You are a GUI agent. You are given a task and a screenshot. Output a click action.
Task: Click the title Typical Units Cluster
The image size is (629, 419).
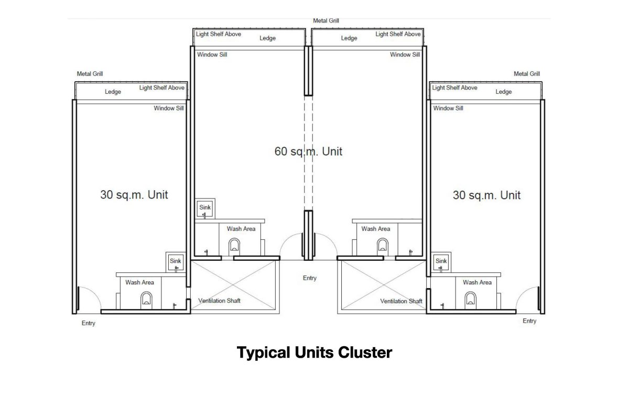314,353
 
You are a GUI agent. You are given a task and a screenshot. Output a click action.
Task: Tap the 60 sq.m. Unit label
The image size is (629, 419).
308,151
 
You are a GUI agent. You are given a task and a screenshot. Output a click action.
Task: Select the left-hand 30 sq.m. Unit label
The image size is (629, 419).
134,195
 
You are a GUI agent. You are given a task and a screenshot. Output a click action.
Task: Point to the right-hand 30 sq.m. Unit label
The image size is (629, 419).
486,195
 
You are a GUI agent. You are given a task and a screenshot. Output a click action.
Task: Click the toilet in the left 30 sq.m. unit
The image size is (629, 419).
146,300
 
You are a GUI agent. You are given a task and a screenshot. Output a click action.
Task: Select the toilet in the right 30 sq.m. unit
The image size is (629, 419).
470,300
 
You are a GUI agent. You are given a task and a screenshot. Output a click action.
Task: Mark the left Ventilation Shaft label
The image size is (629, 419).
219,301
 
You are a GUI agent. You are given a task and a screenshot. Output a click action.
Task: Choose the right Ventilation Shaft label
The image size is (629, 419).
402,301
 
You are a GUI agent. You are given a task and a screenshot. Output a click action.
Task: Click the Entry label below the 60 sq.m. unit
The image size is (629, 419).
310,278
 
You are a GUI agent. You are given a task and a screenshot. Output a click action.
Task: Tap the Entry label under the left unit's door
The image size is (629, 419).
89,323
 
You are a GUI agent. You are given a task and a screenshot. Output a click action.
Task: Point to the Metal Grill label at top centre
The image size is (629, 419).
326,21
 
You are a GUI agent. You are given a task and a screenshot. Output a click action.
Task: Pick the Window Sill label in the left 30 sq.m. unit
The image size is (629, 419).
169,108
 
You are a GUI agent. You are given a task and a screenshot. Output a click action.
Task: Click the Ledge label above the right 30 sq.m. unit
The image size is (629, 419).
504,92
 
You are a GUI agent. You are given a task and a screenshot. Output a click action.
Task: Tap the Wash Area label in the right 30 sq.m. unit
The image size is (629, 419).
478,282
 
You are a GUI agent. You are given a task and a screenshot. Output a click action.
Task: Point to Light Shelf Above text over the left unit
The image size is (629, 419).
162,87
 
